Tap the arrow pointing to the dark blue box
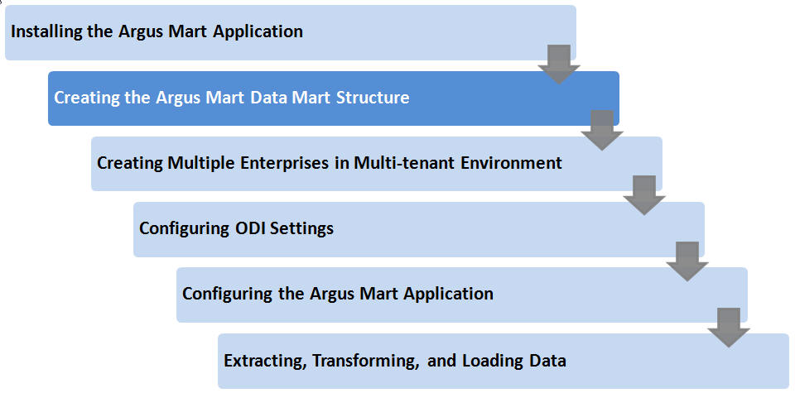tap(559, 65)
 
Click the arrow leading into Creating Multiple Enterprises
tap(602, 130)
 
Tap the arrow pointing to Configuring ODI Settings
tap(644, 195)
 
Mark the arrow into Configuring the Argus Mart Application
tap(687, 261)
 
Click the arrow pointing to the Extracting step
tap(729, 327)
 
